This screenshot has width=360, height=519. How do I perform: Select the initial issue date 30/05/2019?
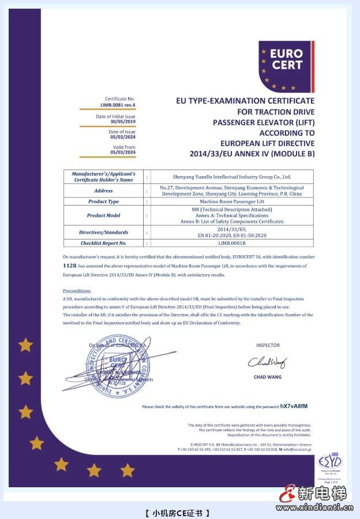[x=122, y=121]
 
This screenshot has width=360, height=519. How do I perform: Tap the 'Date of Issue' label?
[x=122, y=132]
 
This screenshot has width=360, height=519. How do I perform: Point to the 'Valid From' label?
[x=125, y=147]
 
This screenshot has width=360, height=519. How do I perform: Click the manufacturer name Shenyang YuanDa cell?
[x=232, y=177]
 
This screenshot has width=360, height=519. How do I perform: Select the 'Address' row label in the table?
[x=103, y=191]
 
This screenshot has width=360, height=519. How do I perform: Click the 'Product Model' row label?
[x=103, y=215]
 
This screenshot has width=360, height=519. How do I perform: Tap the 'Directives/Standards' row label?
[x=103, y=232]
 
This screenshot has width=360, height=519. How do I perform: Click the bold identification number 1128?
[x=69, y=265]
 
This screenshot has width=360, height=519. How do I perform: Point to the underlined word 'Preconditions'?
[x=77, y=291]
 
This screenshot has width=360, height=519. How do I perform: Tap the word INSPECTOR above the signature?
[x=268, y=345]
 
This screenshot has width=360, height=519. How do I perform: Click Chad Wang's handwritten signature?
[x=267, y=363]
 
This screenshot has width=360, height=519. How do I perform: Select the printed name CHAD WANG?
[x=267, y=378]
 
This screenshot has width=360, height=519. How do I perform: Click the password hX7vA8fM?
[x=294, y=406]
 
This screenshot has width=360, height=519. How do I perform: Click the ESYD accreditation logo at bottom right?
[x=330, y=462]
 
